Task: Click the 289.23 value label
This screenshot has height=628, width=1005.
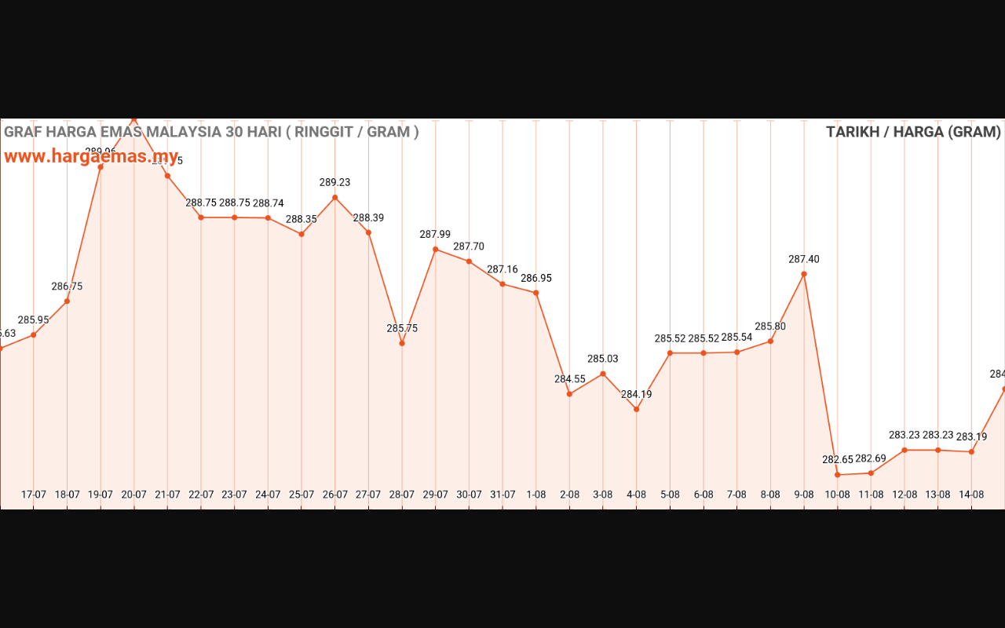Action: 334,182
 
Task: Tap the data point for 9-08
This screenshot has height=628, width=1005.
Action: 804,274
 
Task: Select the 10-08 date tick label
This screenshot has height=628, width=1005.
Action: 837,495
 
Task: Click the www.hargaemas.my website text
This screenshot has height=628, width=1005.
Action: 91,156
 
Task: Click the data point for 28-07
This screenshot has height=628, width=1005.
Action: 402,343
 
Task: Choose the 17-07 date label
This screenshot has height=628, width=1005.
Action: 34,495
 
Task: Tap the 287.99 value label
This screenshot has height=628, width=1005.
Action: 435,234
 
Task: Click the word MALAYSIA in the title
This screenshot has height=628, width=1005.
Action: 185,132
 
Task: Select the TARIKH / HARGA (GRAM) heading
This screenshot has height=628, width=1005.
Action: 913,132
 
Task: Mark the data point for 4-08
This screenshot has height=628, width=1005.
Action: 637,409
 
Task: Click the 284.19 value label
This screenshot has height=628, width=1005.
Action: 636,394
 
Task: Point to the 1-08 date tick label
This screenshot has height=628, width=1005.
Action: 536,495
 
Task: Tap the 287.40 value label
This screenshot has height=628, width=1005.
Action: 804,259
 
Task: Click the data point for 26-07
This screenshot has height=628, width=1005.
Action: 335,198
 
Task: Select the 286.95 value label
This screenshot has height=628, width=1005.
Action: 536,278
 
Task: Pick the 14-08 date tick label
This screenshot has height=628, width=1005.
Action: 971,495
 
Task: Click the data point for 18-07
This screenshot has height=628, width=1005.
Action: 67,301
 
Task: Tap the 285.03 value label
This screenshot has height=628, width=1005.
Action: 603,359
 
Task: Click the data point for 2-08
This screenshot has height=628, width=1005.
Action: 569,393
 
